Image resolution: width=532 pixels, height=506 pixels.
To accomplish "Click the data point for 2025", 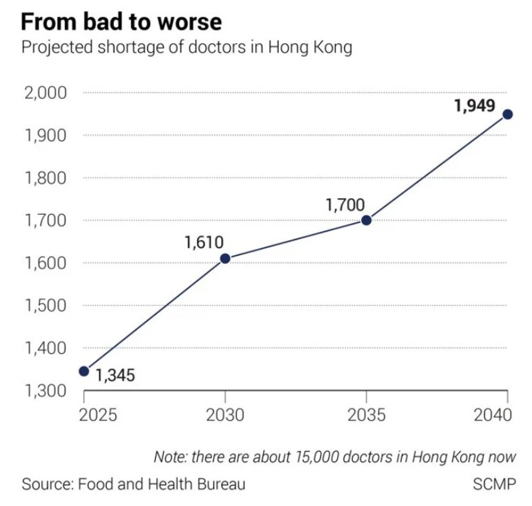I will point(84,371).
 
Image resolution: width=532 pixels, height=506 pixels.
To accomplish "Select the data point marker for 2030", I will point(225,258).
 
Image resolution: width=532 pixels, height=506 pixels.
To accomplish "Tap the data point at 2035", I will point(366,220).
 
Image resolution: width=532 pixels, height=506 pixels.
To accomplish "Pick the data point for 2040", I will point(507,114).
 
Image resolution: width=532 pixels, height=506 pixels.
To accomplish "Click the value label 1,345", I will point(115,376).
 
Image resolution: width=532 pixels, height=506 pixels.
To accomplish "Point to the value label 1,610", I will point(204,242).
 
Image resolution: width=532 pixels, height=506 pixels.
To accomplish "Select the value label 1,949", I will point(475,106).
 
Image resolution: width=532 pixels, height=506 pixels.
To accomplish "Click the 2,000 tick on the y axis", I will point(45,93).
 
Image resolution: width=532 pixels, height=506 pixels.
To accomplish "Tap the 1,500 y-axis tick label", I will point(45,305).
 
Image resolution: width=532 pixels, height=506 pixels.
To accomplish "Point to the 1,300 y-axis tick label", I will point(45,391).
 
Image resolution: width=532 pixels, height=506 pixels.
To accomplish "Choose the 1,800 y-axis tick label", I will point(45,178).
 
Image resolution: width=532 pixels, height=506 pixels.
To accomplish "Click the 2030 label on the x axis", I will point(225,415).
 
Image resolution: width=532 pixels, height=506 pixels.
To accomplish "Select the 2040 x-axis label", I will point(493,415).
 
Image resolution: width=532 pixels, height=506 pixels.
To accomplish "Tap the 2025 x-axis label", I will point(98,415).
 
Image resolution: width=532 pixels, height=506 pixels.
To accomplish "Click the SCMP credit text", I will point(494,484).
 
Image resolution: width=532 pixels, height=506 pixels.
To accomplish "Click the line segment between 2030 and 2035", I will point(296,239).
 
